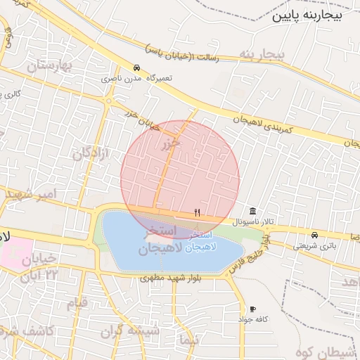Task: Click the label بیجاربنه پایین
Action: click(309, 15)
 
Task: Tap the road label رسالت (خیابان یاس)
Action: click(182, 54)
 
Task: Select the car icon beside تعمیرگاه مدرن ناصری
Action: click(136, 69)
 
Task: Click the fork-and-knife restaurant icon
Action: click(198, 212)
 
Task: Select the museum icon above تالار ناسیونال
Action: click(252, 212)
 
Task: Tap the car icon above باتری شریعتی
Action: click(314, 236)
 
